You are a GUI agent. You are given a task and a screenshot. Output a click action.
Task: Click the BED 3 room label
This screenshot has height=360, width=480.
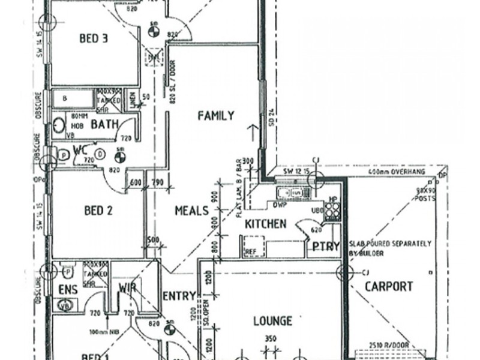click(x=94, y=39)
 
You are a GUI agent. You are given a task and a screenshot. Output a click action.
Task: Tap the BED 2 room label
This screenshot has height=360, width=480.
click(x=99, y=211)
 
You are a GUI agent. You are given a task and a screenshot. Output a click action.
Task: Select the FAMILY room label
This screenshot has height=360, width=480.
click(x=215, y=116)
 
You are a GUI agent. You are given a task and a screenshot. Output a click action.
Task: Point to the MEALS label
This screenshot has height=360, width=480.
click(x=191, y=211)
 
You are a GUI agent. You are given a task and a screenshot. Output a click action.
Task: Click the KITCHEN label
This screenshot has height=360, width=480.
click(x=265, y=224)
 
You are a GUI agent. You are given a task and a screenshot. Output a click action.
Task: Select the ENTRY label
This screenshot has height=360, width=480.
click(x=179, y=296)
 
